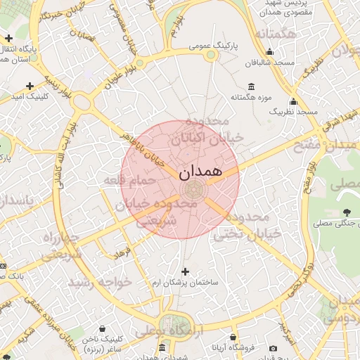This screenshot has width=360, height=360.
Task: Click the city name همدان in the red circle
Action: click(x=201, y=171)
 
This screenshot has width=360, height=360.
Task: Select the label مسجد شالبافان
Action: click(x=269, y=63)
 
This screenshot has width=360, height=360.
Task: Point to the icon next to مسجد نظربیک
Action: click(x=293, y=101)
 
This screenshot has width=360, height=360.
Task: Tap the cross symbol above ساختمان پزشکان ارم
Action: click(x=186, y=271)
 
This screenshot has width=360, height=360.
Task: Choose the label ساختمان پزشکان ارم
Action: click(x=186, y=282)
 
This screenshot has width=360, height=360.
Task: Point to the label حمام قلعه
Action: click(x=124, y=181)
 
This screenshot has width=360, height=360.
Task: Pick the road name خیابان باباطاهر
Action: click(x=147, y=148)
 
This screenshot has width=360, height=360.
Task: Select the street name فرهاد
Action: click(x=123, y=251)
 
